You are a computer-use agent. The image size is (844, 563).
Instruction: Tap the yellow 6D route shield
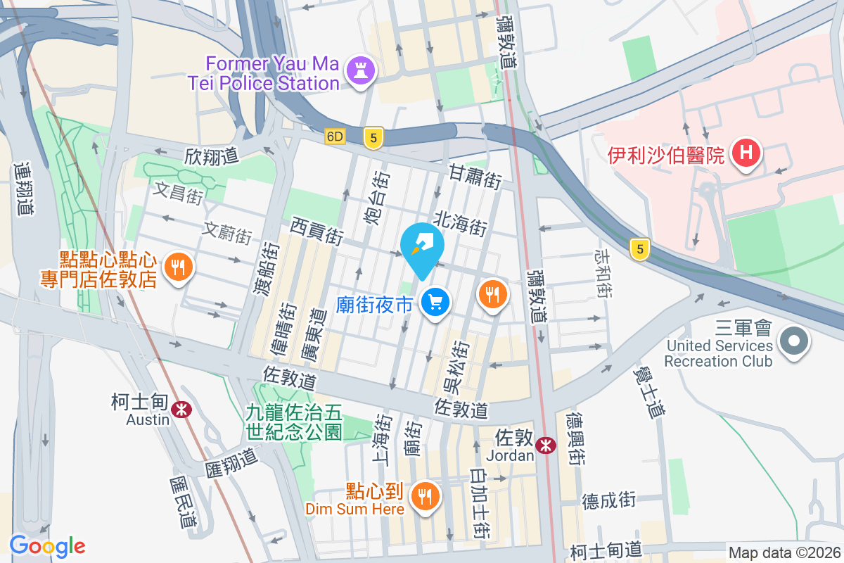(x=335, y=137)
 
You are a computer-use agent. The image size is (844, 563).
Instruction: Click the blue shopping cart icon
(x=435, y=303)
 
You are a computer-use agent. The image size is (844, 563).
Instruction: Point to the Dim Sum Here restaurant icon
(x=425, y=496)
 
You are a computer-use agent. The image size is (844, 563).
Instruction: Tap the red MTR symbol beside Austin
(x=182, y=408)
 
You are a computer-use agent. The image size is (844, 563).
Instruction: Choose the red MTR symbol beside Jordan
(x=545, y=445)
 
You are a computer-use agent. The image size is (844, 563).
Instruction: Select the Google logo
(x=48, y=545)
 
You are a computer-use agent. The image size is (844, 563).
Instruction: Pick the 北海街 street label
(x=461, y=223)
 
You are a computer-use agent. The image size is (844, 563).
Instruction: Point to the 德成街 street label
(x=608, y=500)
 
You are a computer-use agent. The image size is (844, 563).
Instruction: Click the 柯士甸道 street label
(x=606, y=550)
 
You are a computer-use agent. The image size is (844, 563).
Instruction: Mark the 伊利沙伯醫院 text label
(x=666, y=154)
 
